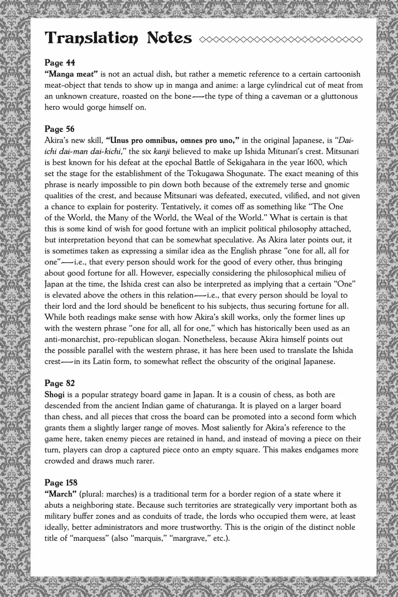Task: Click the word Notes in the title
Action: tap(169, 38)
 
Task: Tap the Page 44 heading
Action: tap(60, 63)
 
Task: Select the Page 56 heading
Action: tap(60, 129)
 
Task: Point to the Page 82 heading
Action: tap(60, 383)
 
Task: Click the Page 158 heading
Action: tap(61, 482)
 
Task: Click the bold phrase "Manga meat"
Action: tap(71, 74)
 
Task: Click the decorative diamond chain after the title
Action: tap(280, 39)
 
